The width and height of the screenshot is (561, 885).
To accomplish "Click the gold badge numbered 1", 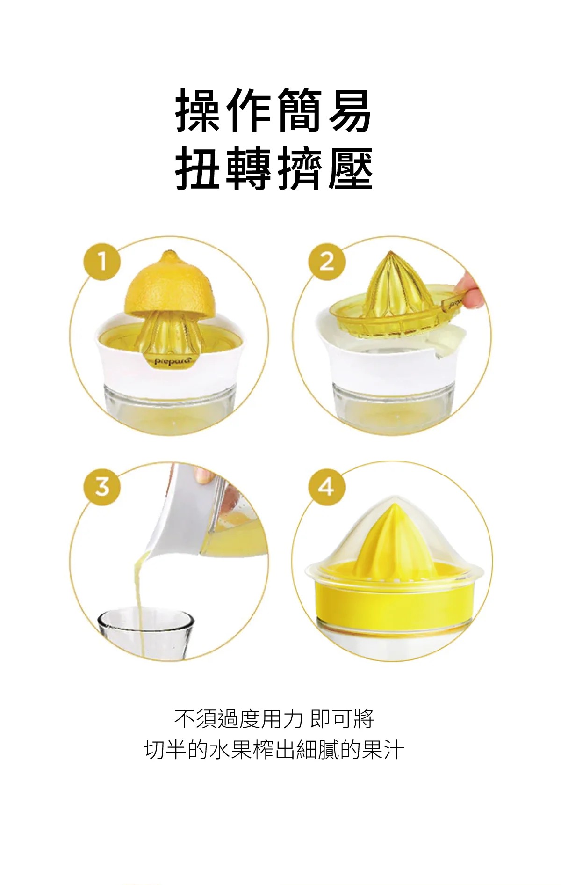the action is [102, 261].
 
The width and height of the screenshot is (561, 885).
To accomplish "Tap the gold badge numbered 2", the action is [327, 261].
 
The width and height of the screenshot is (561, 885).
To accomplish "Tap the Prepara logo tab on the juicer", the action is [173, 361].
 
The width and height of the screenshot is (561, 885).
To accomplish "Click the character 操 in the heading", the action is [197, 111].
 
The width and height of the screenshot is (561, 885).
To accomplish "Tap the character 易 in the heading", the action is [350, 111].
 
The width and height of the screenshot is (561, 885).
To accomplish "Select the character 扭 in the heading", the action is [197, 168].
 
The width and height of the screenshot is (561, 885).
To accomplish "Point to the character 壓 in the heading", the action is [350, 168].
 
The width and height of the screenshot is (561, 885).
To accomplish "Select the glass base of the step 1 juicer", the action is [170, 402].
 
